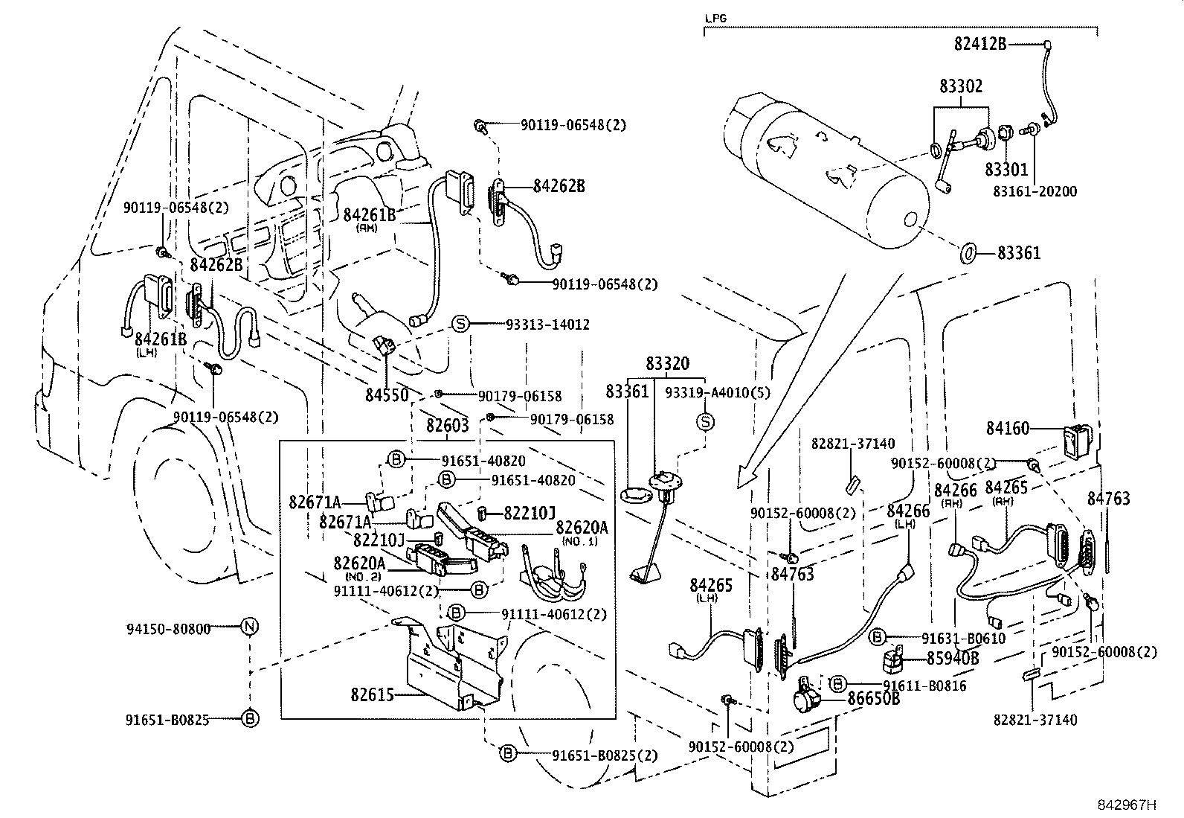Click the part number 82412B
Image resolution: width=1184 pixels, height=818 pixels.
980,45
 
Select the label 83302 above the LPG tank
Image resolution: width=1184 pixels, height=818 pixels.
960,86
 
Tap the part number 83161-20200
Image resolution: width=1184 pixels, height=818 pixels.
1035,191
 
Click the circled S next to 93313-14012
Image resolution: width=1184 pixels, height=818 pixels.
460,324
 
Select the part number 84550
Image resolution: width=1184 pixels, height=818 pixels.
387,394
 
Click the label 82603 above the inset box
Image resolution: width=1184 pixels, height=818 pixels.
447,426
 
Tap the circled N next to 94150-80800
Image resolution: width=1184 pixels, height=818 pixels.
250,627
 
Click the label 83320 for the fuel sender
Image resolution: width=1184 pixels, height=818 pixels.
667,364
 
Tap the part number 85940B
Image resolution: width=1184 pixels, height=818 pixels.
953,659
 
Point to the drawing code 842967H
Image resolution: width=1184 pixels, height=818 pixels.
1129,805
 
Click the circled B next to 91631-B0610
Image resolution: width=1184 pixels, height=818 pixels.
878,636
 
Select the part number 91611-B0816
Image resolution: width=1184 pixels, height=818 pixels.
924,686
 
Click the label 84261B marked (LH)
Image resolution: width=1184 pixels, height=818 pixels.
161,339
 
